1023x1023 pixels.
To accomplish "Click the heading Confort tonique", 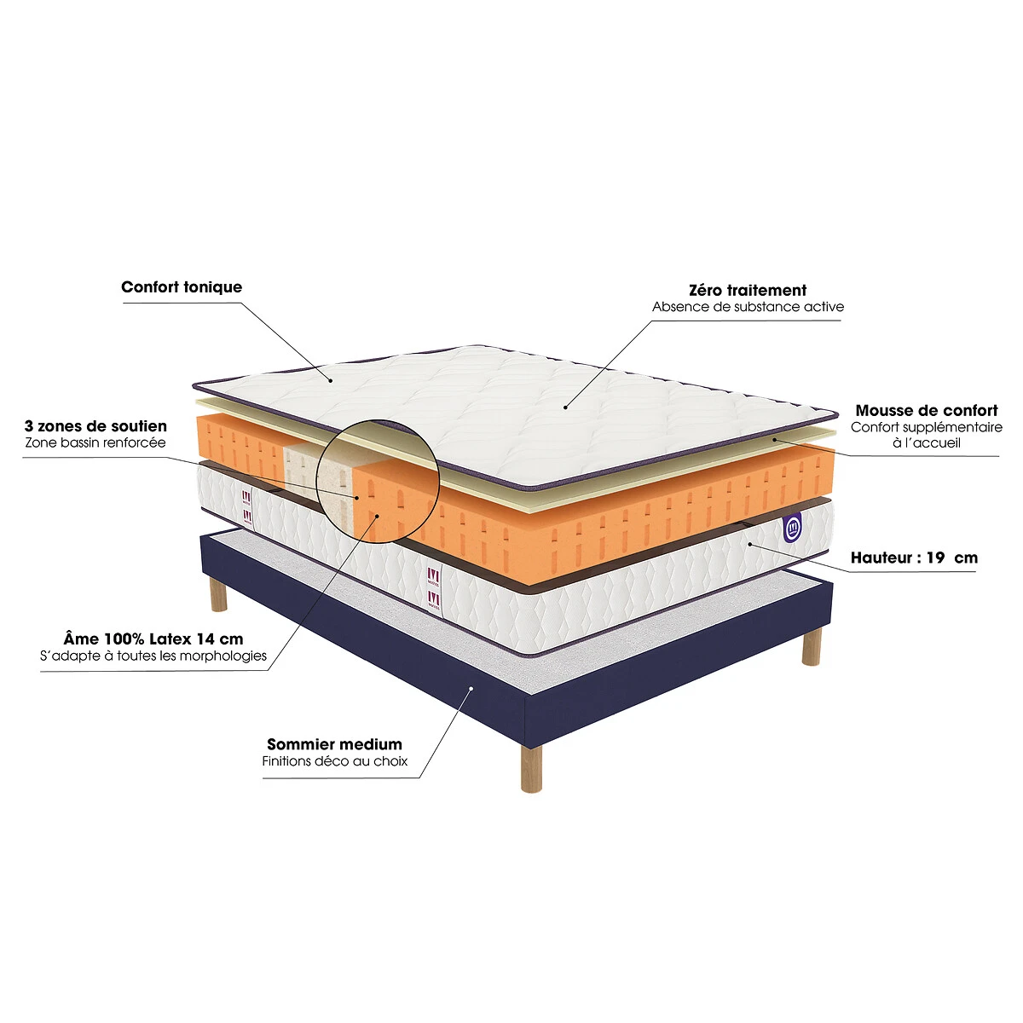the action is pos(182,287).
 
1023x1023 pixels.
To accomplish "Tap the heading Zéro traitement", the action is pos(748,291).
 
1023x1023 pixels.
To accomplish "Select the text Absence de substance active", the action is pos(748,307).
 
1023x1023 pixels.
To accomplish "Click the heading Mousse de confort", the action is pos(927,410).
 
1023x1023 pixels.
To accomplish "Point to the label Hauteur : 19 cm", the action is pos(914,558).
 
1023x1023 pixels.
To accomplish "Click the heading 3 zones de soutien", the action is pos(95,426).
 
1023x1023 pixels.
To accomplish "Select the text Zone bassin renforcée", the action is pos(95,442).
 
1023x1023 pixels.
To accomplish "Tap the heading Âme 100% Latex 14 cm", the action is pos(153,639).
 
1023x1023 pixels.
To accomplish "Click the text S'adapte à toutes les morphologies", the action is pos(153,656).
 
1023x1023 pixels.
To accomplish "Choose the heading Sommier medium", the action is pos(334,744).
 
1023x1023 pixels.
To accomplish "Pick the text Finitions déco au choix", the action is pos(334,761).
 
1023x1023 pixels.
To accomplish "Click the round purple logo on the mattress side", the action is pos(792,527).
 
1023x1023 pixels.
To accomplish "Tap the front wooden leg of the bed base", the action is pos(531,768).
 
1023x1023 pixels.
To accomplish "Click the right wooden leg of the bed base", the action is pos(812,645).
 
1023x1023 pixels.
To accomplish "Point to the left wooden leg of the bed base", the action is pos(218,594).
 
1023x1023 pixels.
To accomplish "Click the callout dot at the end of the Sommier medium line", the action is pos(471,688).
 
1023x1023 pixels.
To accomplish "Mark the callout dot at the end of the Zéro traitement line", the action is pos(565,407).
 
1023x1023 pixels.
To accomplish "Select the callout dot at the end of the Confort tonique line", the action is pos(330,380).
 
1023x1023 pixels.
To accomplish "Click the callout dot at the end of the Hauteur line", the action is pos(749,544).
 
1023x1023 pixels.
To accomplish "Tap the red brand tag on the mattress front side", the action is pos(434,589).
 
